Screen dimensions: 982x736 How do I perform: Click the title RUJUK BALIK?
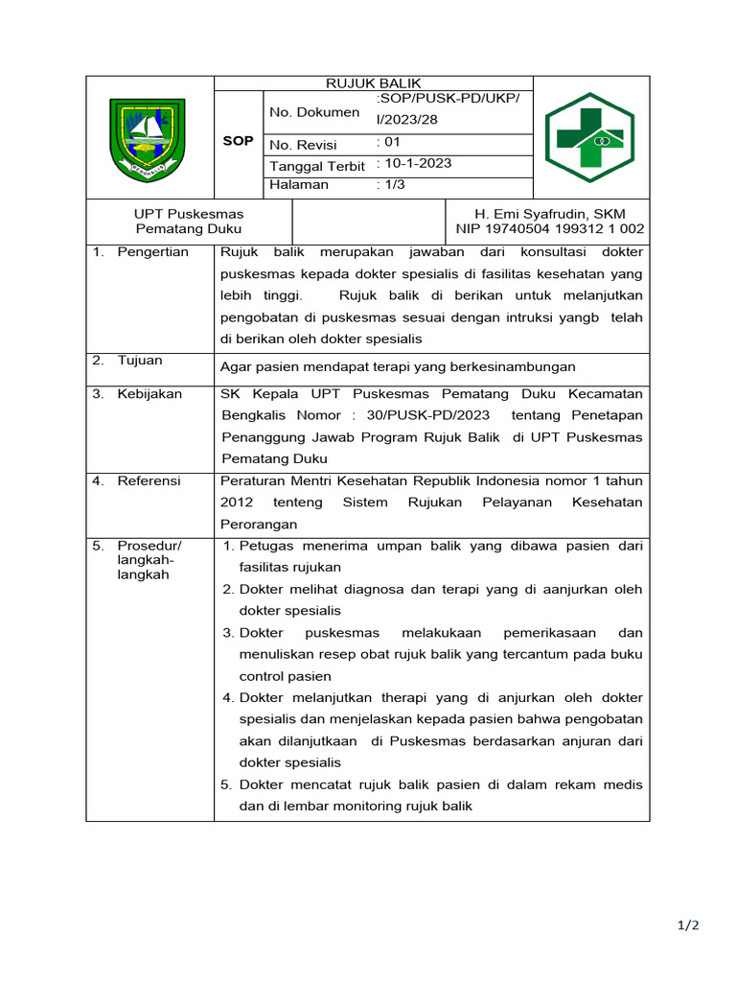[x=372, y=83]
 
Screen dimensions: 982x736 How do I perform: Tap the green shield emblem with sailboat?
[x=147, y=139]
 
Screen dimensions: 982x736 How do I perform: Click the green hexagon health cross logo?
[x=589, y=138]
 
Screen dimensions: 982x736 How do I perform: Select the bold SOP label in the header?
[x=238, y=141]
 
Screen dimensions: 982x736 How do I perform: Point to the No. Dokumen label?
[x=313, y=113]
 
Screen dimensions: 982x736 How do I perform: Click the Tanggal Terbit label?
[x=317, y=166]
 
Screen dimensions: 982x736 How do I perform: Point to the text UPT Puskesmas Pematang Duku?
[x=189, y=222]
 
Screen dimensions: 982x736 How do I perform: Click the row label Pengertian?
[x=152, y=252]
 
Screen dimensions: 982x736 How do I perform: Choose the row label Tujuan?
[x=140, y=361]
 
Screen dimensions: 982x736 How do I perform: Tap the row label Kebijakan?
[x=149, y=394]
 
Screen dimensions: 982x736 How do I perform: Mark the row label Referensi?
[x=149, y=480]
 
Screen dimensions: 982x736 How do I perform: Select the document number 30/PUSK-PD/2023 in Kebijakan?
[x=428, y=415]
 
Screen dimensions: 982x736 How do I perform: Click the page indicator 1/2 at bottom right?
[x=689, y=925]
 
